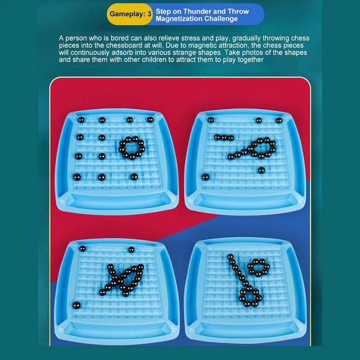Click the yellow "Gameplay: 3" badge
[130, 14]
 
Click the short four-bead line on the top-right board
[224, 137]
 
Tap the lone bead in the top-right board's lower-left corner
[206, 177]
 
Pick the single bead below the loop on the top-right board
[261, 170]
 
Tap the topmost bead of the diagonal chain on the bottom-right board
[230, 256]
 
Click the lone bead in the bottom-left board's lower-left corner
[76, 305]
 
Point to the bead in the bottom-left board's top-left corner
[82, 248]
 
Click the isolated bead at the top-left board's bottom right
[134, 176]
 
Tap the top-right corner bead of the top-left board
[150, 119]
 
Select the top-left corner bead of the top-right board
[211, 120]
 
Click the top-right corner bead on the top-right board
[279, 120]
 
